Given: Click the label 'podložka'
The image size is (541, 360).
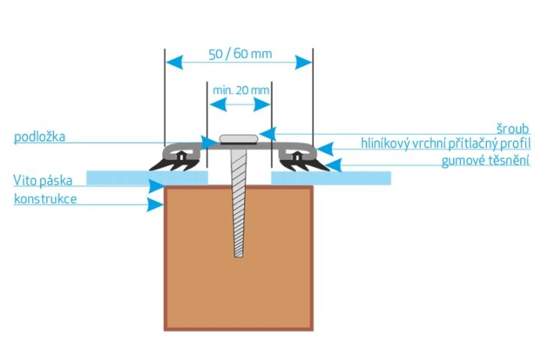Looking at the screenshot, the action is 39,137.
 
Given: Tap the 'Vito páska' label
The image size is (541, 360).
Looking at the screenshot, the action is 43,180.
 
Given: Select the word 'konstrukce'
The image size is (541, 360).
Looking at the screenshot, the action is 45,199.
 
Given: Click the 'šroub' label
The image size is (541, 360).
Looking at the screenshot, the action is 512,129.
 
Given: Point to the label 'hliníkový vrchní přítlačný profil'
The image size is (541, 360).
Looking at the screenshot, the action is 446,144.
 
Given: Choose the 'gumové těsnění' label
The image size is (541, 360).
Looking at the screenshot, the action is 485,161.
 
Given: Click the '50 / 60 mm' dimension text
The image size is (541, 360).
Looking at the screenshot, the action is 240,54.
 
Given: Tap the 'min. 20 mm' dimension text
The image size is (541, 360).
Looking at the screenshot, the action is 241,90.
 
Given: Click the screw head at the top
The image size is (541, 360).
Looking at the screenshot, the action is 238,139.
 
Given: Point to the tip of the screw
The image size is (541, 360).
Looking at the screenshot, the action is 238,256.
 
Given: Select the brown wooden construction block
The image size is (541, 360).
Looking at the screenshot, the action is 238,259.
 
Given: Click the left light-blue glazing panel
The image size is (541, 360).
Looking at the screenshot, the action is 147,178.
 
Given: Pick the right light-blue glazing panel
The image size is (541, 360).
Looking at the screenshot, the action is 331,178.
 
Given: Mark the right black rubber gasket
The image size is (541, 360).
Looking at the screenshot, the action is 304,165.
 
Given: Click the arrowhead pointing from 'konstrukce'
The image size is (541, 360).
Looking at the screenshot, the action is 155,204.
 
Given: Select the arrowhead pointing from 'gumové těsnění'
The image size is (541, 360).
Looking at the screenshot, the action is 334,165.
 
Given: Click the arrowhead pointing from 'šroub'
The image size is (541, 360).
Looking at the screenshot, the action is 267,134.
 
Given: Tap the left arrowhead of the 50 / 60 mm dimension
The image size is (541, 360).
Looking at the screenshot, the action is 174,62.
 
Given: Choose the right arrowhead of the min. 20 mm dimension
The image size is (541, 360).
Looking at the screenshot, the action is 262,104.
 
